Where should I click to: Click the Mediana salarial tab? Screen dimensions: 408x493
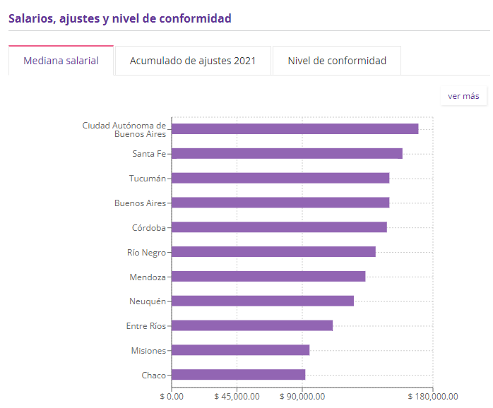tap(61, 61)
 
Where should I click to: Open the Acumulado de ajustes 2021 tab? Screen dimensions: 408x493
tap(193, 61)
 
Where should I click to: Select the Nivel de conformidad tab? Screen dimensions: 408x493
tap(337, 61)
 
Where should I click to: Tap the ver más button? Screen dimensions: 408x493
tap(463, 96)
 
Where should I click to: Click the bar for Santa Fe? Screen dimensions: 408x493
tap(287, 153)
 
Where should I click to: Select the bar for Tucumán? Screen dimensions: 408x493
tap(280, 178)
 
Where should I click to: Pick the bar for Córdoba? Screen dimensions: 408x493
tap(279, 227)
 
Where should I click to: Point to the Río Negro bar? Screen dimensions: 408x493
tap(273, 252)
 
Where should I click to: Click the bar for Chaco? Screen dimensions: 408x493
tap(238, 375)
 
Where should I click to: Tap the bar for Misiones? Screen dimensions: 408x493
tap(240, 350)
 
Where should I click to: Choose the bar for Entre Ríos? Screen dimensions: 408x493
tap(252, 325)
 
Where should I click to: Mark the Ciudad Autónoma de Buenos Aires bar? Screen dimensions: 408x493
tap(295, 128)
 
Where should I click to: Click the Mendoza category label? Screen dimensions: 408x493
tap(148, 277)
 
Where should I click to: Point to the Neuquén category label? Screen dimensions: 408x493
tap(147, 301)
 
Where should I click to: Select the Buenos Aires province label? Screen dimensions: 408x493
tap(140, 203)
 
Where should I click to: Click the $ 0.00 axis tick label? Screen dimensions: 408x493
tap(172, 397)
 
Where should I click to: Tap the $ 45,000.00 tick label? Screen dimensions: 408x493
tap(237, 397)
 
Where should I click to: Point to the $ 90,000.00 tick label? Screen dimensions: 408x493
tap(302, 397)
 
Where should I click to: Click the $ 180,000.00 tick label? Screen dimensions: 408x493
tap(432, 397)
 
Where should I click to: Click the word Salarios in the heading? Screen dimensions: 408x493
tap(30, 18)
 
